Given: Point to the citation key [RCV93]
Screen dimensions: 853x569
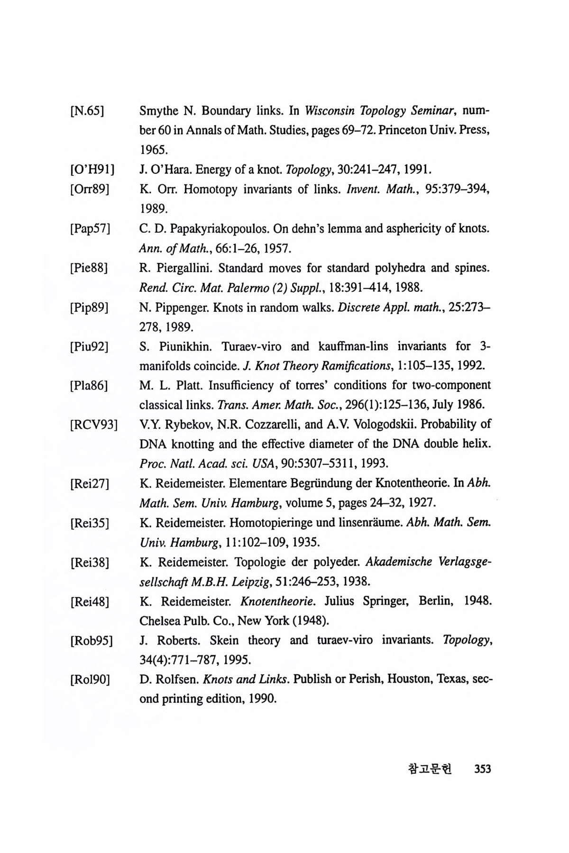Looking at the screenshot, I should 93,425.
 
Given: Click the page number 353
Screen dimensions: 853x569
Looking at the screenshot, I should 482,769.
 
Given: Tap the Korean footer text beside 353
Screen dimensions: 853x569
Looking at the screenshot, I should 430,769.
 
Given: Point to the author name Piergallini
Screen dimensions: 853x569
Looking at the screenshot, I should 183,268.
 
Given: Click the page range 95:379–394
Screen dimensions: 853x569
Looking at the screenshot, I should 457,190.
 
